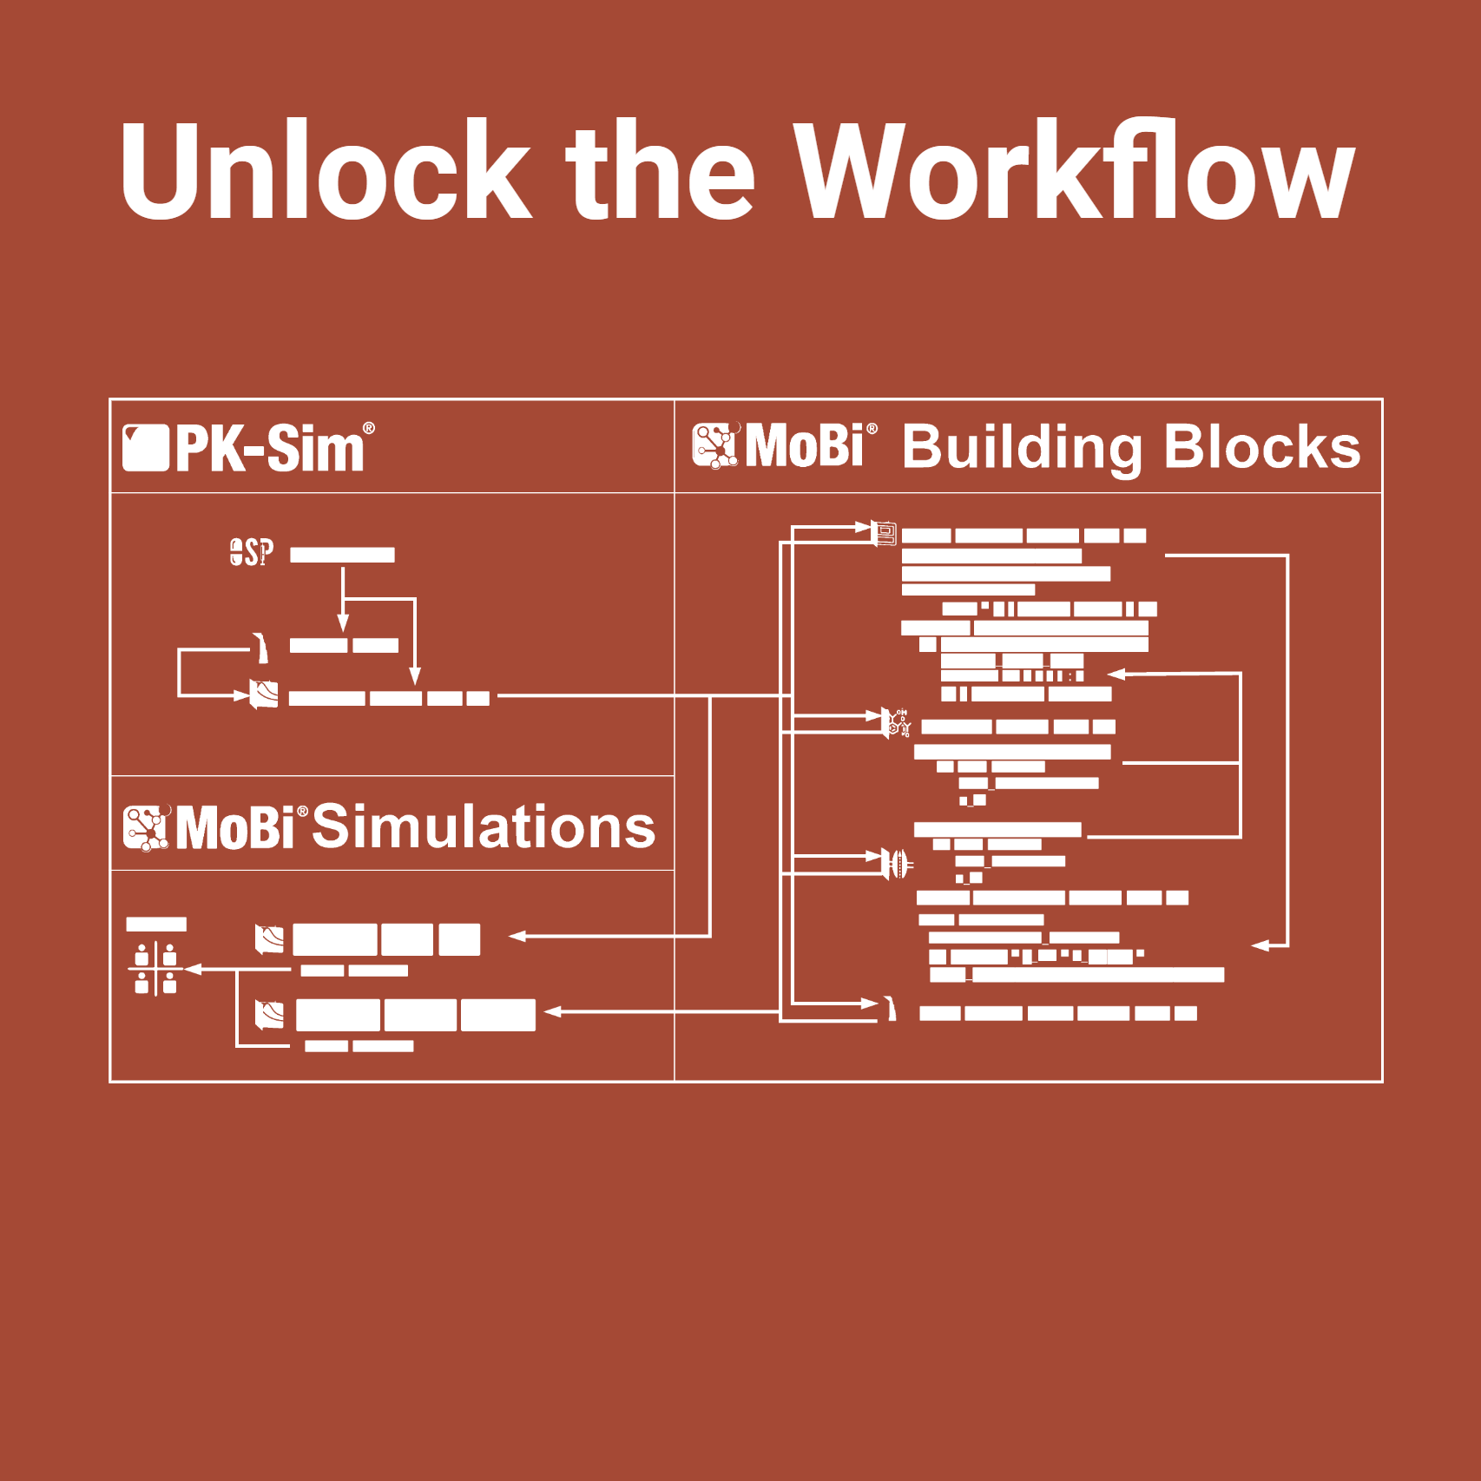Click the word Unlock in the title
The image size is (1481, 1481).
[325, 169]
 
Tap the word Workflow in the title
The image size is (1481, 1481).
[1075, 169]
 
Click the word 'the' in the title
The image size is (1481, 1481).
[660, 169]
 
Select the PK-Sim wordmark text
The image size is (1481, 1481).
[269, 448]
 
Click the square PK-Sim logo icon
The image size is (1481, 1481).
[145, 448]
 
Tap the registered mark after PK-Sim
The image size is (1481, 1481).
[369, 428]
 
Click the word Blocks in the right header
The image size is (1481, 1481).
[1262, 447]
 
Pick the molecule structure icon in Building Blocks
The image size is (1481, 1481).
[897, 723]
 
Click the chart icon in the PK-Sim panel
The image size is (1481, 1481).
[264, 694]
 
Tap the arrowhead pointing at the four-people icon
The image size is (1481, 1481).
[193, 969]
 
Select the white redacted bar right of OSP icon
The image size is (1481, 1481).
[342, 555]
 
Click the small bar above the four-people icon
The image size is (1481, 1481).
[156, 925]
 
